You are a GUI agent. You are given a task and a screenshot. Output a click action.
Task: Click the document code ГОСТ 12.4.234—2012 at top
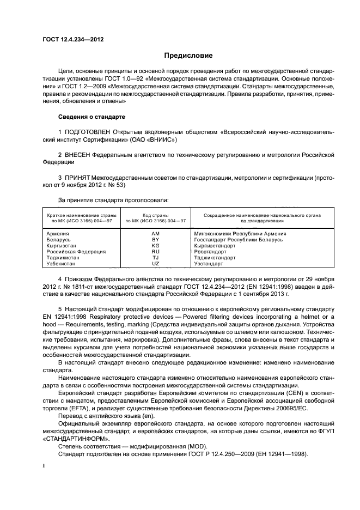[x=73, y=40]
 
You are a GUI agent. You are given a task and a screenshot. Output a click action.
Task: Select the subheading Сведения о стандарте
[x=91, y=117]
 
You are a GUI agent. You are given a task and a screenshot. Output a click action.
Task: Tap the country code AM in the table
[x=155, y=234]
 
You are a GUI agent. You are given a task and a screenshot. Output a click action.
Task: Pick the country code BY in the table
[x=155, y=240]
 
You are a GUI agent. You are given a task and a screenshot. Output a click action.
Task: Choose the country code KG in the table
[x=155, y=246]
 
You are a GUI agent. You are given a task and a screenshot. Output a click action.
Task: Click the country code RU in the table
[x=155, y=252]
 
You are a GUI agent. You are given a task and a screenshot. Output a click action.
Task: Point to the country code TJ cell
[x=155, y=258]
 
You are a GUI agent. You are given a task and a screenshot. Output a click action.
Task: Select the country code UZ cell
[x=155, y=264]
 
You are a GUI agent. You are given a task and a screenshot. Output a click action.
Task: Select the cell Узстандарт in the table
[x=209, y=264]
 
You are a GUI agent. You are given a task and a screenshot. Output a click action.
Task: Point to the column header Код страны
[x=156, y=215]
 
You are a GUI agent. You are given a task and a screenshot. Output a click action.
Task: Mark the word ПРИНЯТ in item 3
[x=77, y=178]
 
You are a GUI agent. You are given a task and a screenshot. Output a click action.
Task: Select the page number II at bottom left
[x=45, y=467]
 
